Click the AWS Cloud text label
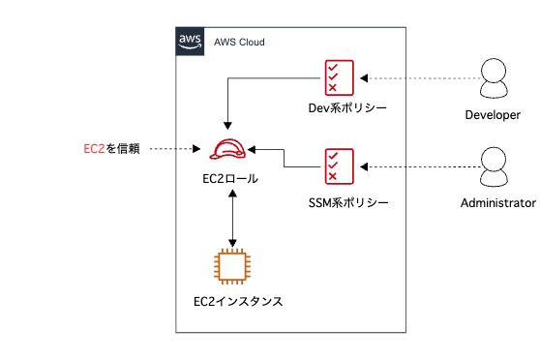coord(239,43)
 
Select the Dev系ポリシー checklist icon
coord(340,77)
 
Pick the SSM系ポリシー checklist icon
coord(340,165)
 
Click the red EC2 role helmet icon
coord(230,149)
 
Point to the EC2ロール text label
coord(230,179)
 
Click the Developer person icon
coord(494,77)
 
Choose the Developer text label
coord(493,114)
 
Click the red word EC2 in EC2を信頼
coord(94,149)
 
